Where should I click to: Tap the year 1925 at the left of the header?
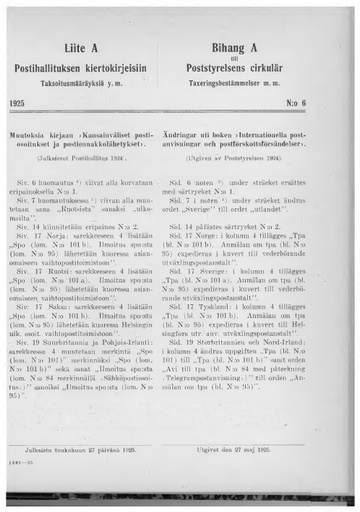coord(39,102)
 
